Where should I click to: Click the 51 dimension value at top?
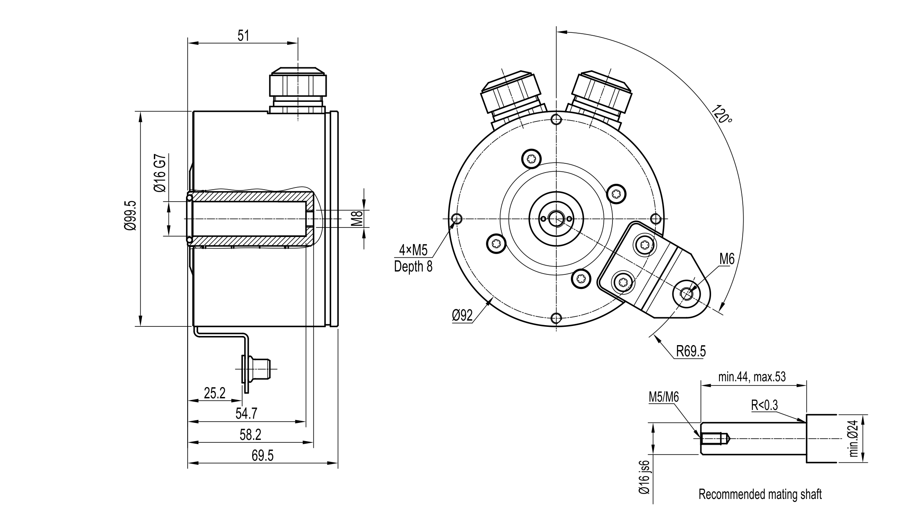[x=243, y=36]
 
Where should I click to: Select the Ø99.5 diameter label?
[x=130, y=215]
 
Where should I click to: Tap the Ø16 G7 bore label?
[x=161, y=173]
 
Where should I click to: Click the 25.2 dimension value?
[x=215, y=393]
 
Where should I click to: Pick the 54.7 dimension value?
[x=246, y=413]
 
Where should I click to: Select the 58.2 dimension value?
[x=250, y=435]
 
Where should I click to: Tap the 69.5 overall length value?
[x=263, y=456]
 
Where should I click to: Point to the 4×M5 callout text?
[x=413, y=250]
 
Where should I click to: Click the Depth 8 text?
[x=413, y=267]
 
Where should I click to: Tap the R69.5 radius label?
[x=691, y=351]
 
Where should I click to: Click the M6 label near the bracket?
[x=727, y=259]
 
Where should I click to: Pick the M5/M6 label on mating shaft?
[x=664, y=397]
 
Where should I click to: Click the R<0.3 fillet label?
[x=764, y=405]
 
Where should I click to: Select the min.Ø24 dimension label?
[x=854, y=439]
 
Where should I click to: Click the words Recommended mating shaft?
[x=760, y=494]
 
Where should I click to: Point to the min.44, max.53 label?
[x=752, y=377]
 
